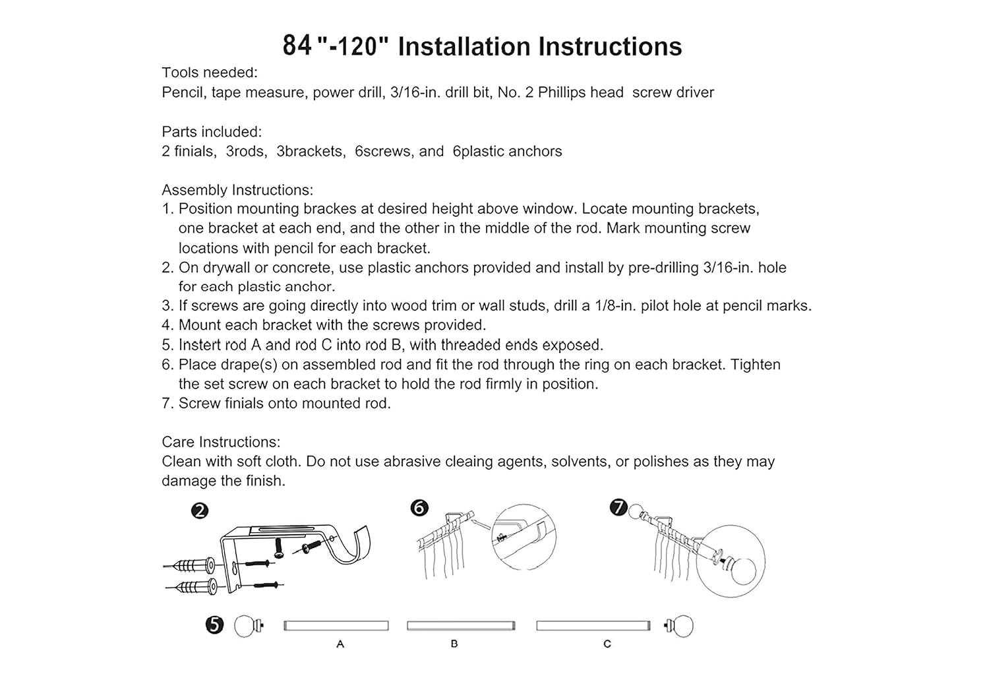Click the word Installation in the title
click(x=464, y=46)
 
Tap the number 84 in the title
click(x=297, y=46)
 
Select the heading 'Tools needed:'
click(x=209, y=73)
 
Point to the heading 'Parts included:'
click(x=212, y=132)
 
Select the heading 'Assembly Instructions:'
click(x=237, y=190)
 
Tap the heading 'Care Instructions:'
click(x=221, y=442)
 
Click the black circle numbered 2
click(x=200, y=511)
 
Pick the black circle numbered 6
click(x=419, y=508)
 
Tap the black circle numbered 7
click(x=618, y=507)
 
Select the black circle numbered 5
click(x=214, y=625)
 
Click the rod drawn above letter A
click(x=336, y=625)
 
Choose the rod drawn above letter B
click(x=461, y=625)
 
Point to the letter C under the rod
click(x=607, y=644)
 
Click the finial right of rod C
click(x=679, y=626)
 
